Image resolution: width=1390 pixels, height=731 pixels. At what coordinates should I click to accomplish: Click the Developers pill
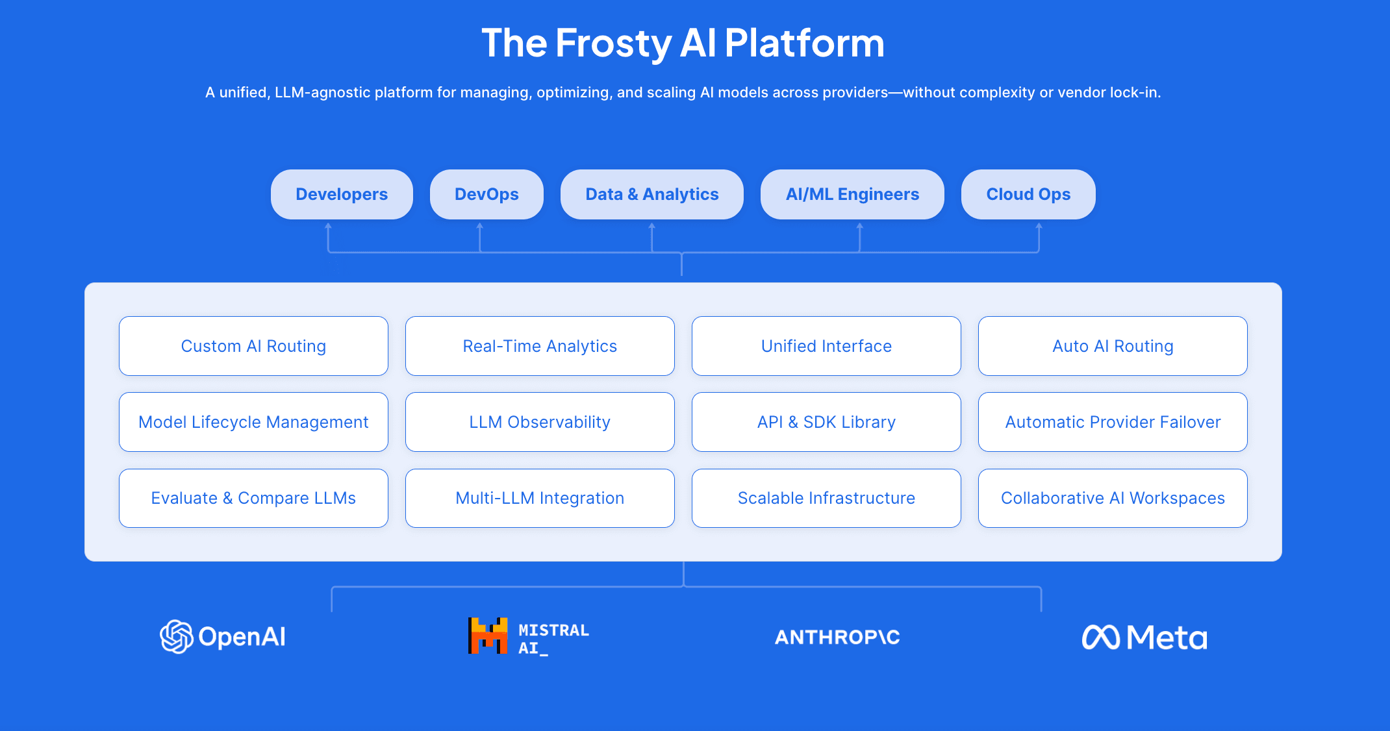[342, 194]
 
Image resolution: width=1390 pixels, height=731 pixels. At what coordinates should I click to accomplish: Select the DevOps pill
[486, 194]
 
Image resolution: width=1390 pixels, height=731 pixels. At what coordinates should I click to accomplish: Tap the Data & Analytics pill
[651, 194]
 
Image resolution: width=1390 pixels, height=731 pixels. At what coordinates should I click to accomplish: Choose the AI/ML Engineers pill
[852, 194]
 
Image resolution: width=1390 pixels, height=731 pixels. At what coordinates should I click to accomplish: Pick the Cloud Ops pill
[1028, 194]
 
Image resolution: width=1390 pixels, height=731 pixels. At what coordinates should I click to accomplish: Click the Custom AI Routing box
[253, 346]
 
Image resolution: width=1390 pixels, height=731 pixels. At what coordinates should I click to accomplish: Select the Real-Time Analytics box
[540, 346]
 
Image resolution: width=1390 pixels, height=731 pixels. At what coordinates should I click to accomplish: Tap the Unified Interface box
[826, 346]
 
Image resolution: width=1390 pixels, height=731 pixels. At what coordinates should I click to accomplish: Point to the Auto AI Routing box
[1113, 346]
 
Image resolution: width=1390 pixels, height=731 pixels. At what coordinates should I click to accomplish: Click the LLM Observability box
[540, 422]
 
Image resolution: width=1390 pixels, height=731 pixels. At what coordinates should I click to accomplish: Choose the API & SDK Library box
[826, 422]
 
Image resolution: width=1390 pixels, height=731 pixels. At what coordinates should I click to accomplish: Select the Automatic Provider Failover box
[1113, 422]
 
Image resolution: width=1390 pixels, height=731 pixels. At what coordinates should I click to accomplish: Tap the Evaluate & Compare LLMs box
[253, 498]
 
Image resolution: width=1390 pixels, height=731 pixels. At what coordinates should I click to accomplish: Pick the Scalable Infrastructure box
[826, 498]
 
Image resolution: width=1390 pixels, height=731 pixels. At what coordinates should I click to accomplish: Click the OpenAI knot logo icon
[177, 636]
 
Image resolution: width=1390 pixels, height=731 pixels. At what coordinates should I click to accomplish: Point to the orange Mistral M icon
[488, 636]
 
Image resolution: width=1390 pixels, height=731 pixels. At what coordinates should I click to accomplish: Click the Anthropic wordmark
[837, 637]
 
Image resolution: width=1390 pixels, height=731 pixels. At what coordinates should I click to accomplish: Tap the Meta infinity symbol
[1100, 637]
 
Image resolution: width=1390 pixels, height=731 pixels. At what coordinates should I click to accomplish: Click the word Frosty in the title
[613, 43]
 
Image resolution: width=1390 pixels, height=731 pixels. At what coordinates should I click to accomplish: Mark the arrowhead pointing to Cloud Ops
[1039, 226]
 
